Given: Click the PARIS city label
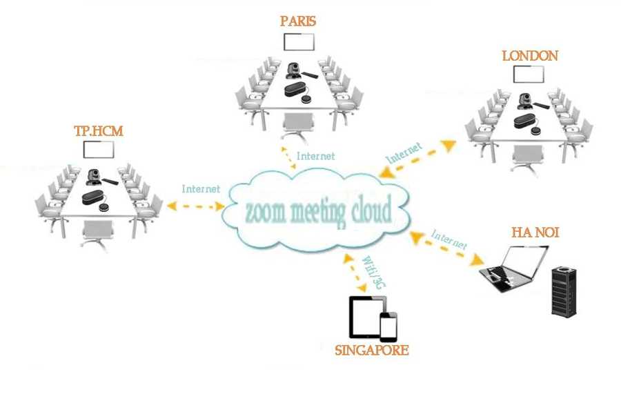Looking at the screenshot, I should (x=298, y=21).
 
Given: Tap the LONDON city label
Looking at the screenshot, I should (x=529, y=56).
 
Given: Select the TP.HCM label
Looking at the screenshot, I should (x=98, y=130).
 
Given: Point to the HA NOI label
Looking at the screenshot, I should (x=535, y=233).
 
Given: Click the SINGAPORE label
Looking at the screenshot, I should (x=371, y=351).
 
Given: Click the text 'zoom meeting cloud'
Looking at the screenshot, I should (x=317, y=210).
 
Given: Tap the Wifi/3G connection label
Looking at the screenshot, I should (x=372, y=270).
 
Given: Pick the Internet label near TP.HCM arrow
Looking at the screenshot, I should (x=201, y=188).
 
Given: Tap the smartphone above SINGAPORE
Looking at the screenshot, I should (x=389, y=327).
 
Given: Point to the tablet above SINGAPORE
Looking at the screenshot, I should (x=364, y=317).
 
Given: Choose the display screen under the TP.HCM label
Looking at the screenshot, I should (x=98, y=150).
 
